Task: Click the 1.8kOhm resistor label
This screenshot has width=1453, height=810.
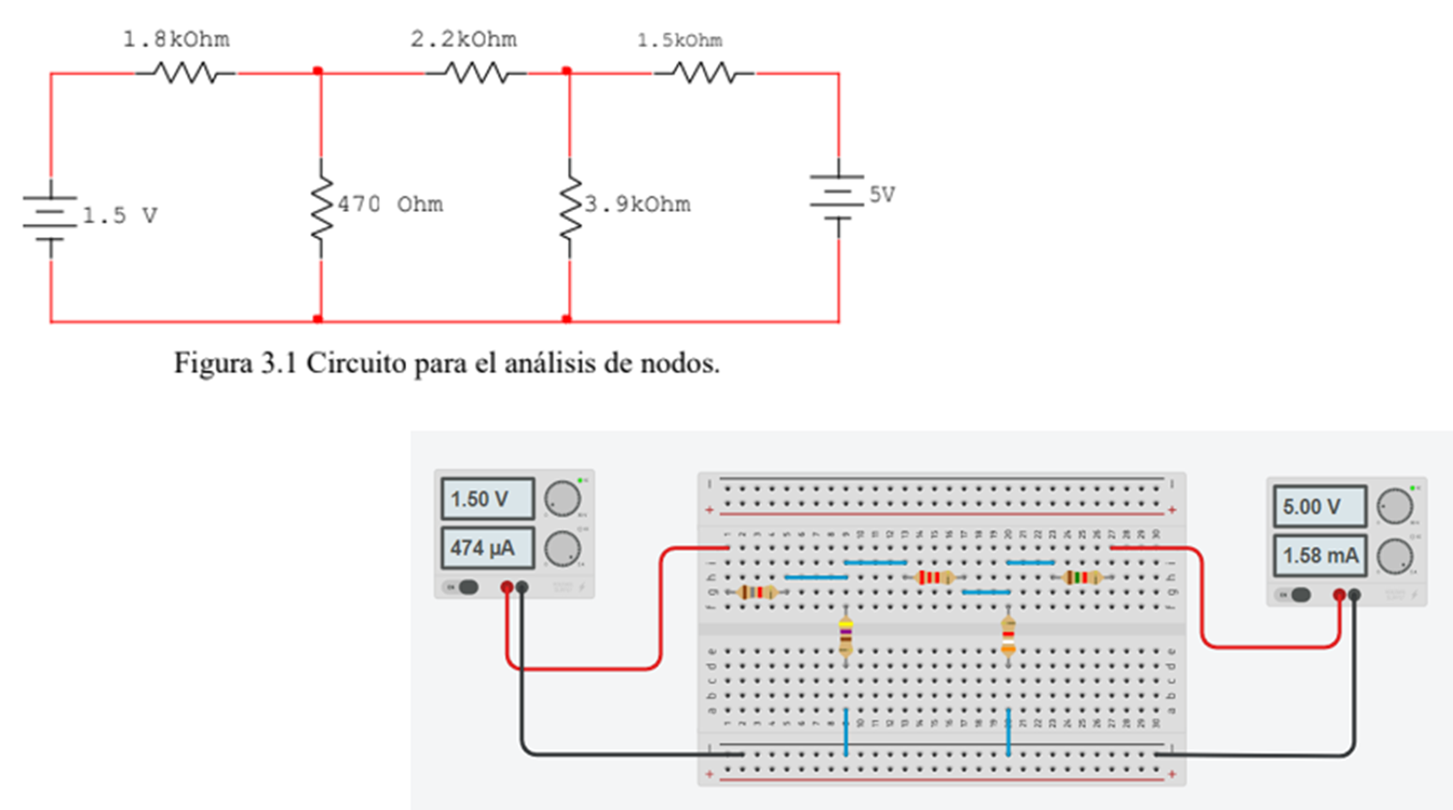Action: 176,40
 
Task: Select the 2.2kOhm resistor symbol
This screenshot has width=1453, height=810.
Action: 476,73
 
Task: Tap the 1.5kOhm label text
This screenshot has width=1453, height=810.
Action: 679,41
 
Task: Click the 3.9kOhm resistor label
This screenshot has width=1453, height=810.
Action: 638,205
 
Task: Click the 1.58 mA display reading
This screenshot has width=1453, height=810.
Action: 1319,556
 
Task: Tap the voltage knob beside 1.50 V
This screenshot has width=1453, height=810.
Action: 562,499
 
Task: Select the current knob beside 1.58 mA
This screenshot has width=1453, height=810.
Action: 1394,556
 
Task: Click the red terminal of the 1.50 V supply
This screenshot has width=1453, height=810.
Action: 507,587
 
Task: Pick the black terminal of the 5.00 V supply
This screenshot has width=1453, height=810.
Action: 1355,595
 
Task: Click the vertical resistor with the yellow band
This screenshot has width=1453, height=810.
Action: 845,636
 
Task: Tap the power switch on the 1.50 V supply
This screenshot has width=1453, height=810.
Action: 463,587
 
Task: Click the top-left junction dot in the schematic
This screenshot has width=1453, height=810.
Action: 318,71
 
